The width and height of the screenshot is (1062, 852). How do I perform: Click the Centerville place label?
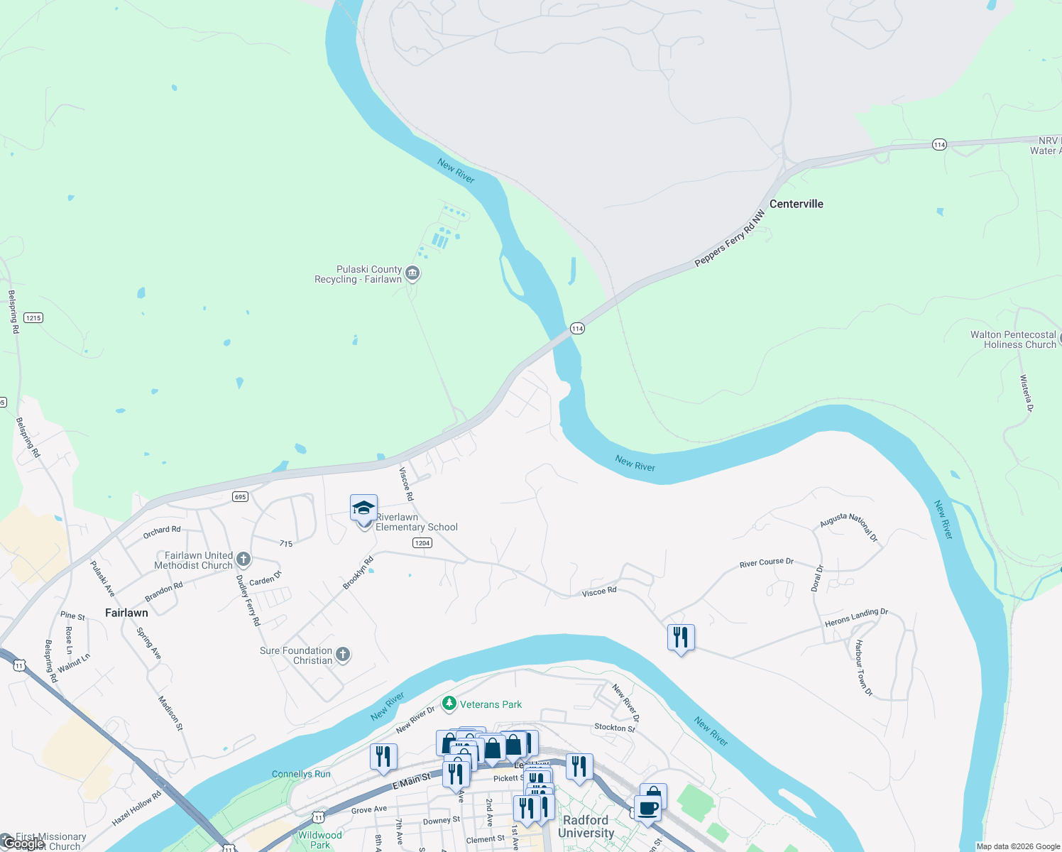(796, 204)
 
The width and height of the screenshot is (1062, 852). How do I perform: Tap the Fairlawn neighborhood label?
(126, 613)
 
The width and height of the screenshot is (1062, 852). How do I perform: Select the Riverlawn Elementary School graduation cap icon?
(363, 509)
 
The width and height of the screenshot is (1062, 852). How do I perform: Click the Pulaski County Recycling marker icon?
(412, 273)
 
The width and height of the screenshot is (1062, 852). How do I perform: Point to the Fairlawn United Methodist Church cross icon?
(243, 559)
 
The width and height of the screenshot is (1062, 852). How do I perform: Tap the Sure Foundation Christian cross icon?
(343, 655)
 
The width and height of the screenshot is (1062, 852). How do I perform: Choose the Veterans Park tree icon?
(449, 704)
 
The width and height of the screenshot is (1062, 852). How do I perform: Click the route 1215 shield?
(33, 317)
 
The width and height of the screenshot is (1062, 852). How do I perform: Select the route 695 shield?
(241, 496)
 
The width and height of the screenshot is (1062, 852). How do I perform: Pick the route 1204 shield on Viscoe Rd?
(422, 542)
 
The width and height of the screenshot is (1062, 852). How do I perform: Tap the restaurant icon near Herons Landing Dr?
(681, 638)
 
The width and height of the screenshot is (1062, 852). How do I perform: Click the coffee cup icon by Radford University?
(647, 808)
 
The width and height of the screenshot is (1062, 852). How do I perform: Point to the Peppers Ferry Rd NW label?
(730, 238)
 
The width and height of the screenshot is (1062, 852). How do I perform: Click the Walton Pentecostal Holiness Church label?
(1013, 339)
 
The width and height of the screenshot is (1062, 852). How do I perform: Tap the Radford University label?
(586, 826)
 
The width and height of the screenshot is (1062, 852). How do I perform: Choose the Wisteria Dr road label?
(1027, 393)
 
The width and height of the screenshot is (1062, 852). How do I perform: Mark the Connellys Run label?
(301, 774)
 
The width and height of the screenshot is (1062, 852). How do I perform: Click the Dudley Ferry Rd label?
(248, 601)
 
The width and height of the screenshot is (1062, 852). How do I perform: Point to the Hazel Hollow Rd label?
(137, 809)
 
